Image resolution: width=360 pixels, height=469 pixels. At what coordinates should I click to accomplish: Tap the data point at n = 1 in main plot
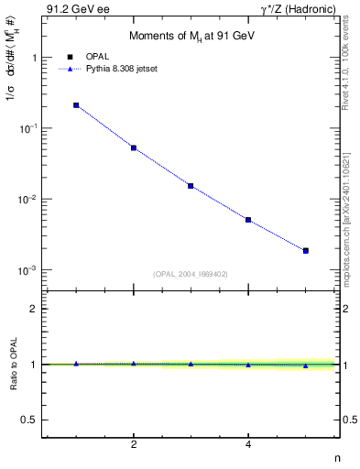point(76,105)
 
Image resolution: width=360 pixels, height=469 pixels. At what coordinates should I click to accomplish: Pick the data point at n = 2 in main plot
point(134,147)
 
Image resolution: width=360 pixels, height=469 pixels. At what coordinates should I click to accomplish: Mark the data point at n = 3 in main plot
point(191,186)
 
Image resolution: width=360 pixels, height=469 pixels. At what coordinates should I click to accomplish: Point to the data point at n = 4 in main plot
point(248,220)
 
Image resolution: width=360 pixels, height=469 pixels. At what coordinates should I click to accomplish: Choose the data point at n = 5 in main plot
point(306,250)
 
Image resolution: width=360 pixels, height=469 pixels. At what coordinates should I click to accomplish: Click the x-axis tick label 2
point(134,444)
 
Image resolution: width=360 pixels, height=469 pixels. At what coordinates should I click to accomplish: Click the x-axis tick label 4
point(248,444)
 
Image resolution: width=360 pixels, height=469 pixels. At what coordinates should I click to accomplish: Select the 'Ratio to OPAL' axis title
point(13,365)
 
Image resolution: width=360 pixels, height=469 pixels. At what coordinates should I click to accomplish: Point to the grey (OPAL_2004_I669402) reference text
point(191,273)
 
